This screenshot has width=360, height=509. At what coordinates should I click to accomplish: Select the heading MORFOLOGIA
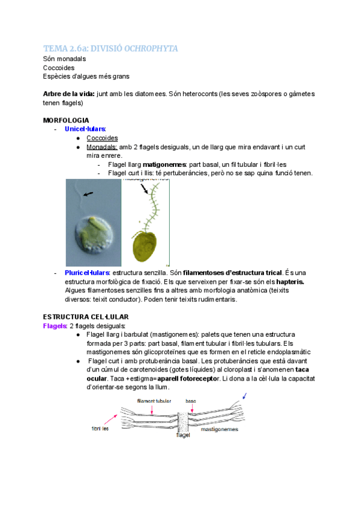66,120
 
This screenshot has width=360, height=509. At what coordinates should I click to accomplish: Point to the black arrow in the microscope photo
88,194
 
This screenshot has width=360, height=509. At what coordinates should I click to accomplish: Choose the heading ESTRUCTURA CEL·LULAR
85,316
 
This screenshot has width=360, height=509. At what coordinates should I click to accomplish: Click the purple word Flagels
55,325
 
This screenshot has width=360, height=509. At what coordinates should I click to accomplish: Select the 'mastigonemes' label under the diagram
219,430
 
